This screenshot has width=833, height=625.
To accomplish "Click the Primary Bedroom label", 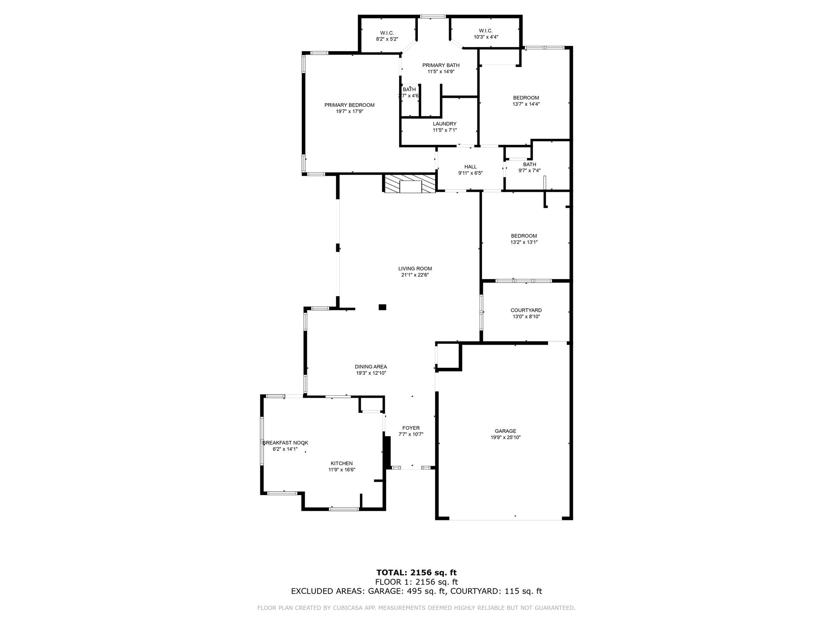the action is point(349,105).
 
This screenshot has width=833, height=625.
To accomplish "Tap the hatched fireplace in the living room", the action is point(410,184).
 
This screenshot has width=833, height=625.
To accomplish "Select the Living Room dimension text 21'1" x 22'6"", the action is point(415,275).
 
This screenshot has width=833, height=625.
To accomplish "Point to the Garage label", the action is point(506,431).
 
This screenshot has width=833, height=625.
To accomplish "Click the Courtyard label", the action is point(526,310).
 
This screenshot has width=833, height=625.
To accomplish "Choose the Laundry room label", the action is point(445,124).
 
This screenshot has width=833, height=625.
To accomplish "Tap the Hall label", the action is point(471,167).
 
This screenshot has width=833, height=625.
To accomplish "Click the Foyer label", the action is point(411,428).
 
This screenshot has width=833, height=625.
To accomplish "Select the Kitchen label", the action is point(342,463).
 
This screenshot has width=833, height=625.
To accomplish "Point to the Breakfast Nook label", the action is point(285,443).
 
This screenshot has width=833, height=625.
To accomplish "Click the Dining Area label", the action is point(371,367).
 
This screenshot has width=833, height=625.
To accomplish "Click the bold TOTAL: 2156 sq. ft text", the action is point(416,572).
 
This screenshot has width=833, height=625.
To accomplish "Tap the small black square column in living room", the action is point(382,307).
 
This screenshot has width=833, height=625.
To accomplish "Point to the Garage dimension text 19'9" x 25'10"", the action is point(506,437).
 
